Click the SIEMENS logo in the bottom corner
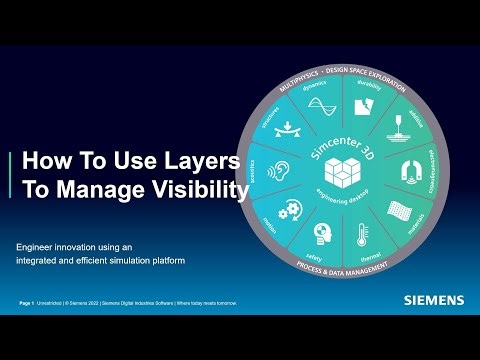click(432, 299)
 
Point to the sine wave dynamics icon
click(319, 106)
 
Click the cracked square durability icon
click(369, 103)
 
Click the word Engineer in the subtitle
click(34, 246)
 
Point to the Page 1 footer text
click(27, 302)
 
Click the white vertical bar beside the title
click(10, 175)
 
